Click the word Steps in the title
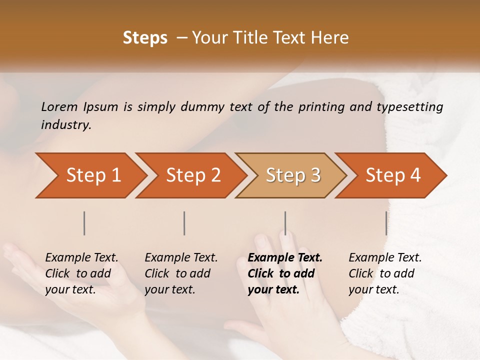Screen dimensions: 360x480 click(145, 38)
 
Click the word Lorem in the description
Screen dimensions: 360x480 click(59, 107)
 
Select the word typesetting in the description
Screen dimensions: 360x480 click(412, 107)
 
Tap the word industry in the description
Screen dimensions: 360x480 click(66, 125)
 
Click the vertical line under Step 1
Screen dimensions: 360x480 click(84, 223)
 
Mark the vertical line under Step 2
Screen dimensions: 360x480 click(184, 223)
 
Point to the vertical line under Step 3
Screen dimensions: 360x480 click(285, 223)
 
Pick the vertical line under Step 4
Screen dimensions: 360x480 click(386, 223)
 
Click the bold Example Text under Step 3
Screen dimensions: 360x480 click(285, 258)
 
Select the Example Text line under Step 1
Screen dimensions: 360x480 click(81, 258)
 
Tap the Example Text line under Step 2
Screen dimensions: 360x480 click(181, 258)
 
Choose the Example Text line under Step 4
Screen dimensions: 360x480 click(385, 258)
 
